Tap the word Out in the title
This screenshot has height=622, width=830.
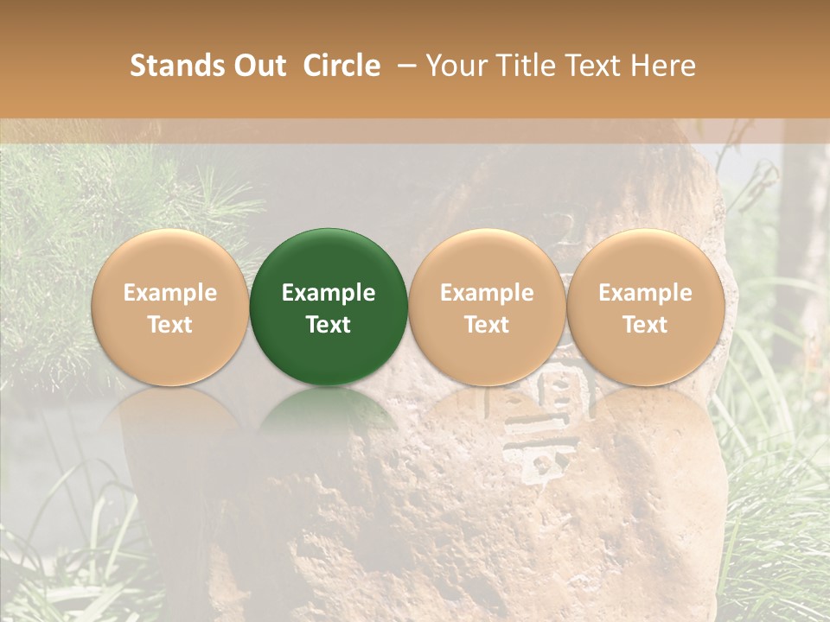click(258, 66)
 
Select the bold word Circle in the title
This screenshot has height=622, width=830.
click(342, 66)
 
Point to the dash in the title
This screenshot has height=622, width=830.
click(402, 67)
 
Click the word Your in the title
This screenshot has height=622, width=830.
click(454, 66)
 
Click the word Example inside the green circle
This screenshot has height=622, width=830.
click(329, 293)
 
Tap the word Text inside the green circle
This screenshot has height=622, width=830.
click(329, 325)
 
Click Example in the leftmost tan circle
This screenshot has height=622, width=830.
click(170, 293)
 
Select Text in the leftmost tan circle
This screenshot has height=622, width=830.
click(170, 325)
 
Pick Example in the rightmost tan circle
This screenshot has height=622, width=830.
click(646, 293)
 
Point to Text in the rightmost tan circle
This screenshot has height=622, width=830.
click(646, 325)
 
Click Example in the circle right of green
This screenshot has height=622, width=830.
click(487, 293)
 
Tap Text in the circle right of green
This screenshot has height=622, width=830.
click(487, 325)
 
